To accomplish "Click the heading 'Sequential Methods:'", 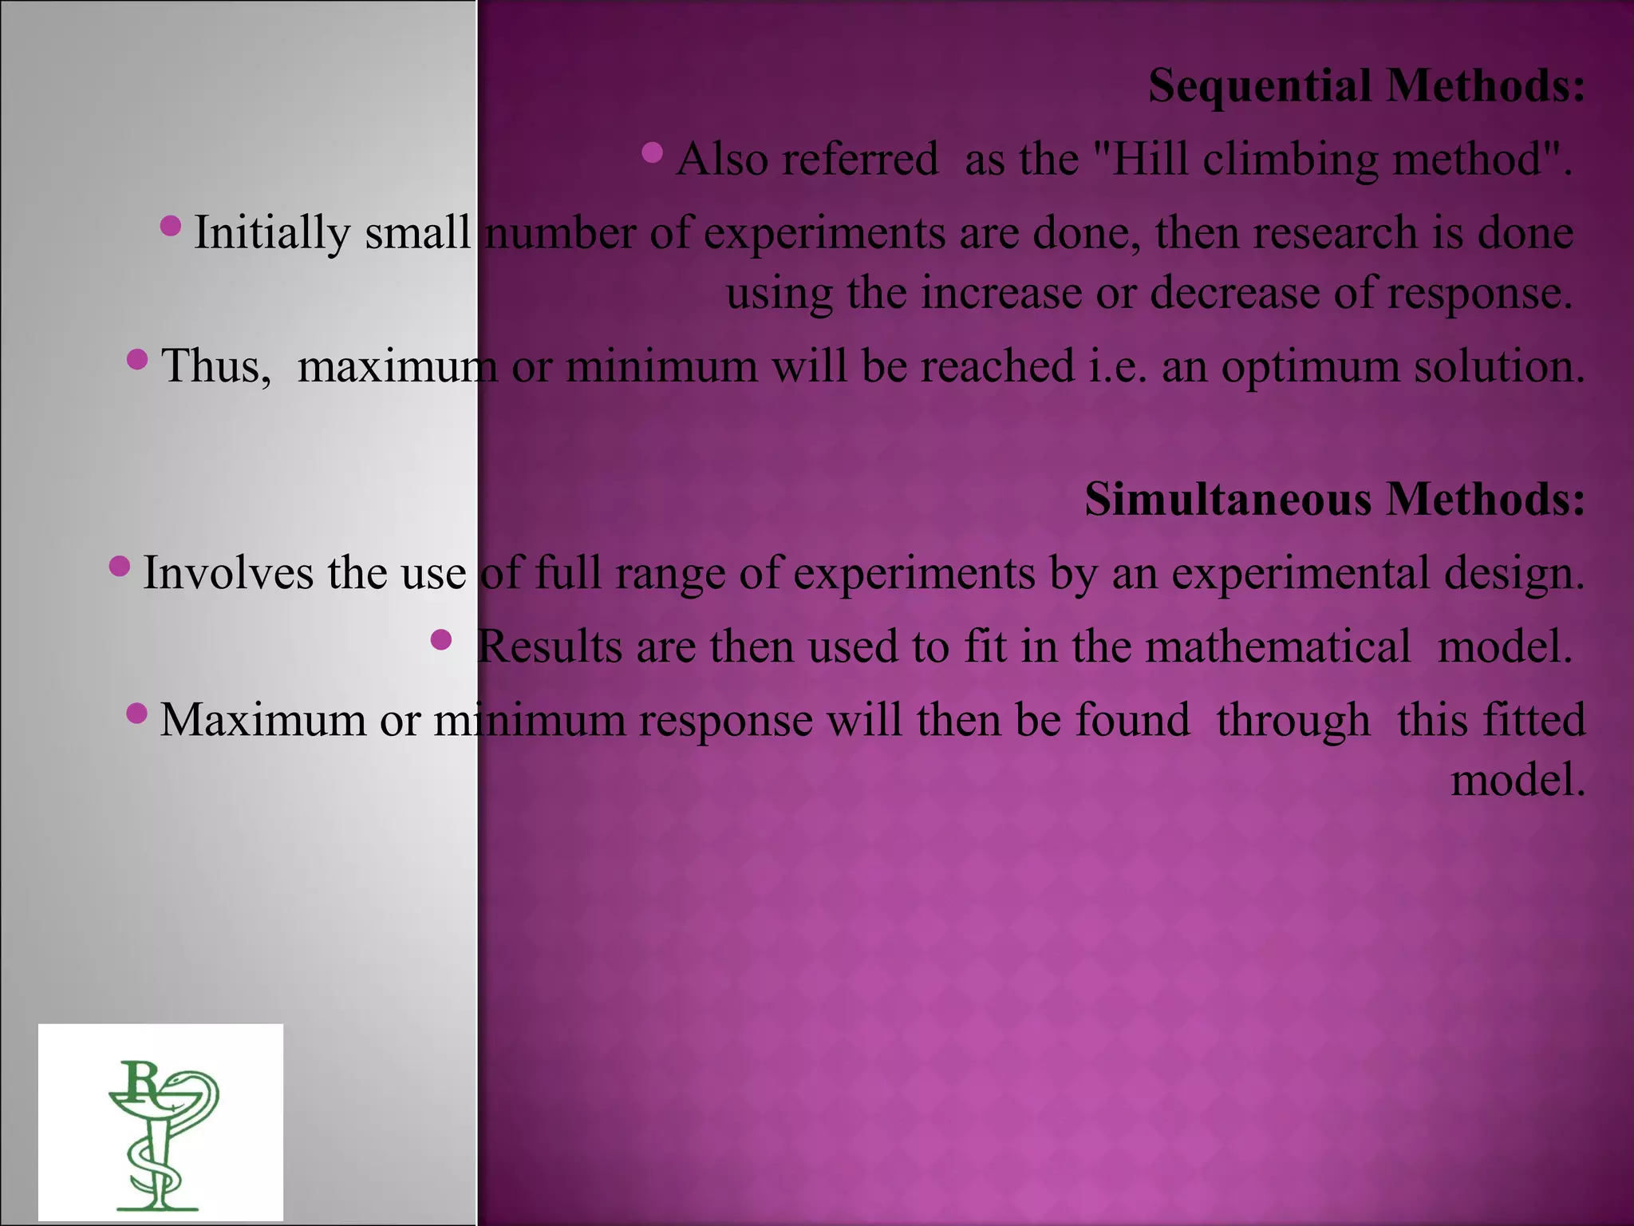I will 1366,86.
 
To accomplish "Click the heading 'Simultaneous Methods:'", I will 1334,500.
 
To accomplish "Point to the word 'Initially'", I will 272,234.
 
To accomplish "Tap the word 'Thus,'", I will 216,367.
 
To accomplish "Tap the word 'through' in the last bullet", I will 1293,721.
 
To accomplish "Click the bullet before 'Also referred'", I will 652,151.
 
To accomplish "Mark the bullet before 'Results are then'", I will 440,639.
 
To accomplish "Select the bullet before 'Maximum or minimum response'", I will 136,712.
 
